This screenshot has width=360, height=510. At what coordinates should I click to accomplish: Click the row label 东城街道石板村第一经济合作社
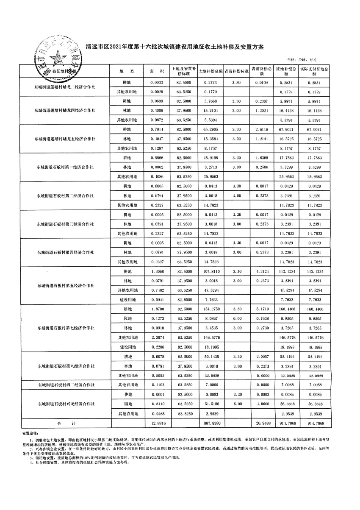coord(65,167)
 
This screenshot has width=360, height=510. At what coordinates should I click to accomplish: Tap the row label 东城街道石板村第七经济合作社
coord(65,328)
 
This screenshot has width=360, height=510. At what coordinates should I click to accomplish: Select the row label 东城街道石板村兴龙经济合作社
coord(65,404)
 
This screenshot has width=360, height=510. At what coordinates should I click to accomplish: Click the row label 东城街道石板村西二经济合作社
coord(65,385)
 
